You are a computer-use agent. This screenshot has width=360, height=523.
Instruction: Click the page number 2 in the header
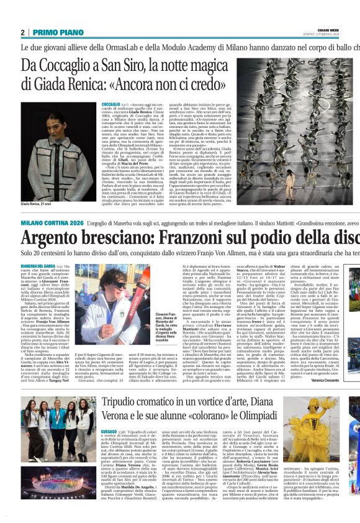point(23,32)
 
